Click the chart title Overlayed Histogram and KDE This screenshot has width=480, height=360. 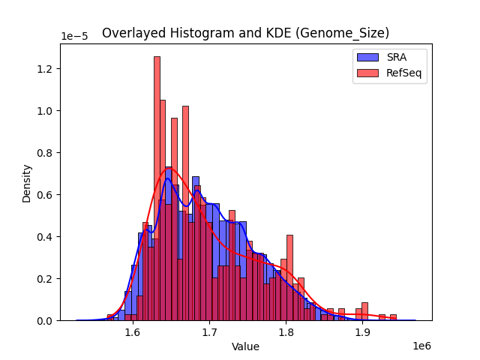(245, 33)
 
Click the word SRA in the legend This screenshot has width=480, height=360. (397, 56)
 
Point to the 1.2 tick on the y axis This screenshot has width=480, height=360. (46, 69)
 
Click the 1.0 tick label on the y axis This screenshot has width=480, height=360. (46, 111)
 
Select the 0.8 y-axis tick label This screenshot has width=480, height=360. (46, 153)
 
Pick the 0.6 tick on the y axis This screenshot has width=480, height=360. (46, 195)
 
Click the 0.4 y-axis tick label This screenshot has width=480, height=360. (46, 237)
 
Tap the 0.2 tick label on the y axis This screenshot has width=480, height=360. (46, 279)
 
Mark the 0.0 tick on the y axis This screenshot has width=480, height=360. (46, 321)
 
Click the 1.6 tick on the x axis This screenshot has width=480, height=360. (133, 331)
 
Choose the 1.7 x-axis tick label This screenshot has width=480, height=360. (209, 331)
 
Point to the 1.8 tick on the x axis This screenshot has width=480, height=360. (286, 331)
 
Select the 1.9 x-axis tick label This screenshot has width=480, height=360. (362, 331)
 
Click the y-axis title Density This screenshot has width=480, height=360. (27, 183)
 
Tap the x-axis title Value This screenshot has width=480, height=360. (245, 347)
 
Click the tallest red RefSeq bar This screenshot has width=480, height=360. (157, 187)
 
